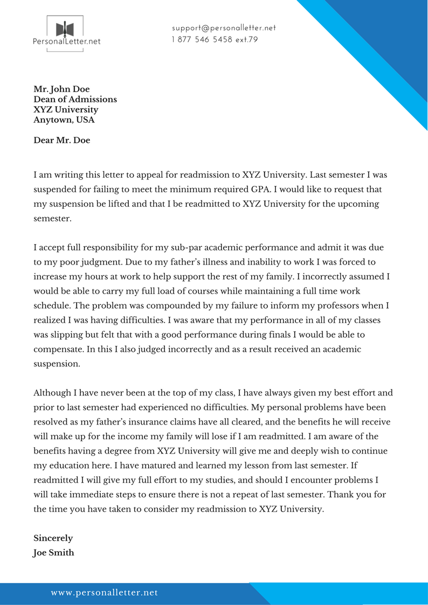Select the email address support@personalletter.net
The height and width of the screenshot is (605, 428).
(x=224, y=28)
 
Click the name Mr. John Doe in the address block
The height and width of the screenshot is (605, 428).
(x=61, y=89)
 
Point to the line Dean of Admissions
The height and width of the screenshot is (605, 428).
(x=75, y=99)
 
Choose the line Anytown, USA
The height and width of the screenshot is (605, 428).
(x=64, y=120)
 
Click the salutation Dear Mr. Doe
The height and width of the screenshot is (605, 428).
(x=61, y=140)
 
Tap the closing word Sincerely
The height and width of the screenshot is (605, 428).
(x=53, y=538)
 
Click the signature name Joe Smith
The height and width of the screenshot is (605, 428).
(x=53, y=552)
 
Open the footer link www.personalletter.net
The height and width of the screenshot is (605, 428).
(x=105, y=593)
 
